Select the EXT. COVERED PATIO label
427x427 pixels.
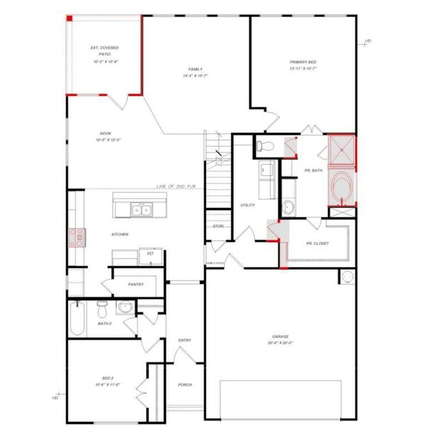click(105, 55)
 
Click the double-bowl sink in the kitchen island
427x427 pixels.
click(139, 210)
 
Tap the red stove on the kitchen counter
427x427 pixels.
click(76, 236)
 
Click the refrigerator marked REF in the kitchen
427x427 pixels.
click(151, 253)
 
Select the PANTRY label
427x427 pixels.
click(136, 285)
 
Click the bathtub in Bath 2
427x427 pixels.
click(78, 318)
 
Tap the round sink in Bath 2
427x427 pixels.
click(125, 307)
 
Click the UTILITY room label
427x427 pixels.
click(248, 204)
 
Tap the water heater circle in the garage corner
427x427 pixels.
click(349, 277)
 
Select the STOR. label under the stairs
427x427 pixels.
click(218, 226)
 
